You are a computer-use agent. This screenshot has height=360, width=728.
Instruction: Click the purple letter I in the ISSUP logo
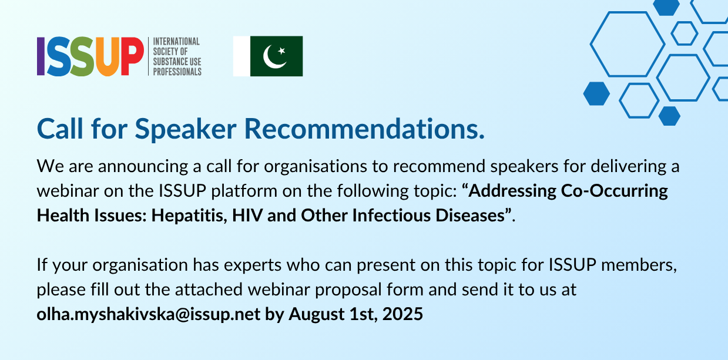[x=41, y=56]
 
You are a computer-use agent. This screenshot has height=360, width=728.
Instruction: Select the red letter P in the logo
[x=132, y=56]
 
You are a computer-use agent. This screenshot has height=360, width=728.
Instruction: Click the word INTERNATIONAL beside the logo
[x=176, y=42]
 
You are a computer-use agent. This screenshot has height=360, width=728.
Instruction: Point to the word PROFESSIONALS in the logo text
[x=177, y=72]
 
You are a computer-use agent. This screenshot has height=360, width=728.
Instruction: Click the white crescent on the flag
[x=274, y=57]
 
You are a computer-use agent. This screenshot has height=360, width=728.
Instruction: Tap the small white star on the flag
[x=281, y=51]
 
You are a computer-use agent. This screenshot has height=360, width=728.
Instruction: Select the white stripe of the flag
[x=242, y=56]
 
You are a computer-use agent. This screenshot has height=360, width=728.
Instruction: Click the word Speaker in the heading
[x=186, y=129]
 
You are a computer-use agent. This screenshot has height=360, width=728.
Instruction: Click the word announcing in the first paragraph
[x=143, y=167]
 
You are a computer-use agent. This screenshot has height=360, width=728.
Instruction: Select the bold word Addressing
[x=512, y=191]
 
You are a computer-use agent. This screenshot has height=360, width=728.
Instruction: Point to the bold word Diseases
[x=470, y=216]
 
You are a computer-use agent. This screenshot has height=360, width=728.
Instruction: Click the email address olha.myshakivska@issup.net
[x=148, y=314]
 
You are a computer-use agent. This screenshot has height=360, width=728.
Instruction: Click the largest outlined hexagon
[x=628, y=44]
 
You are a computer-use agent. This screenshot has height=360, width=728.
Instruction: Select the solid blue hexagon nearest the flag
[x=596, y=93]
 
